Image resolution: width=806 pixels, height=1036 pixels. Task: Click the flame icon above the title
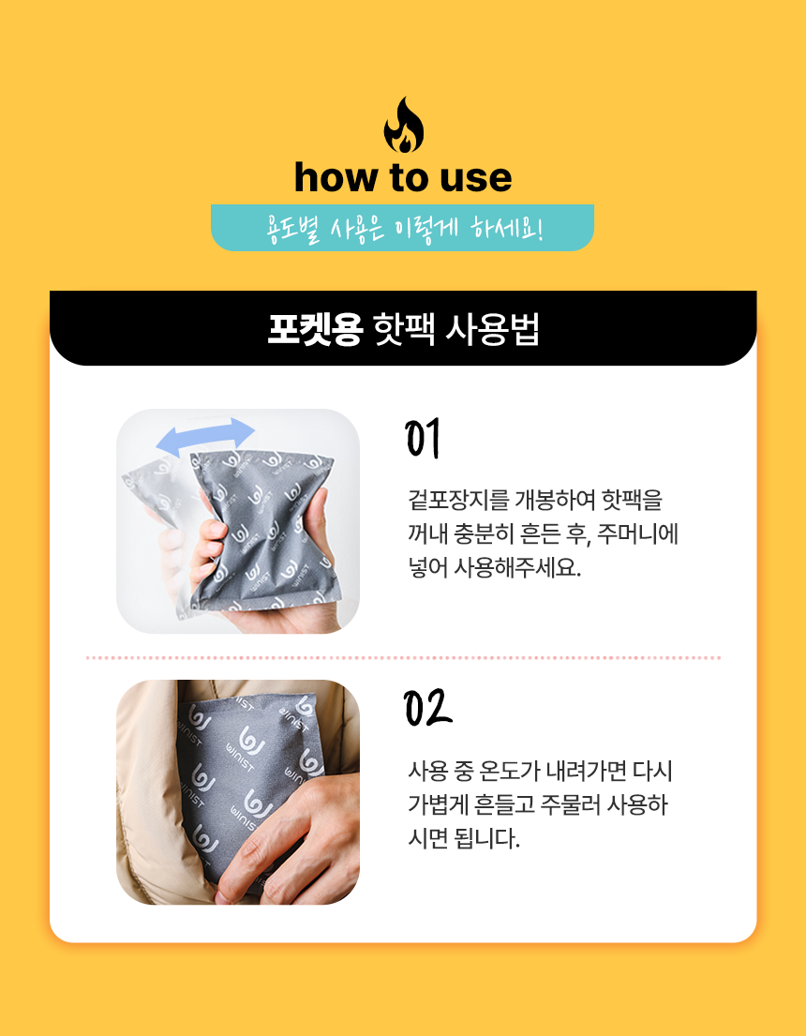coord(404,126)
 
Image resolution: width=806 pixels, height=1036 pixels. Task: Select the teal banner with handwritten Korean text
coord(402,228)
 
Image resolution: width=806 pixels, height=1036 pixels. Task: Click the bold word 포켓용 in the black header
coord(315,328)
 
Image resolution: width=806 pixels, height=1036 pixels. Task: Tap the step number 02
coord(427,708)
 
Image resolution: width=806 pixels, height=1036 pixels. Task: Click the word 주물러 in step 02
coord(570,804)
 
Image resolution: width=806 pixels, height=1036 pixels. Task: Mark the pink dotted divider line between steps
coord(403,658)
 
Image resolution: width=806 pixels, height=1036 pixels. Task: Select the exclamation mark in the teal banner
coord(541,230)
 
